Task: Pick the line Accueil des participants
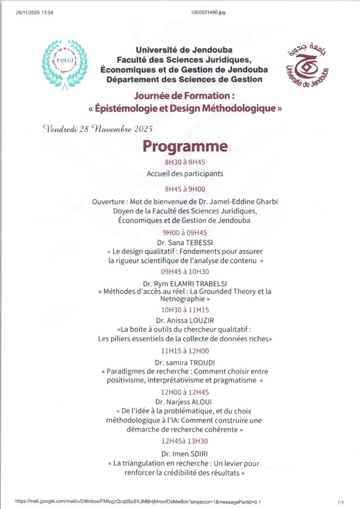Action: [x=185, y=173]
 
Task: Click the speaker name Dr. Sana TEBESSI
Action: [x=184, y=243]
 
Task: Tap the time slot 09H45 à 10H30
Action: [x=185, y=272]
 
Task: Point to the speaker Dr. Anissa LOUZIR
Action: [x=185, y=321]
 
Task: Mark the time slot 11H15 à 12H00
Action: [x=185, y=351]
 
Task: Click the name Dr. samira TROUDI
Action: [x=185, y=362]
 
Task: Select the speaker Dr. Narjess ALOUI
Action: [x=185, y=401]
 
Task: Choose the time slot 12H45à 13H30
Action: [x=185, y=441]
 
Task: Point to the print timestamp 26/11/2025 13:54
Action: [x=34, y=12]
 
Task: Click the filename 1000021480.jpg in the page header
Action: [x=208, y=12]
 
